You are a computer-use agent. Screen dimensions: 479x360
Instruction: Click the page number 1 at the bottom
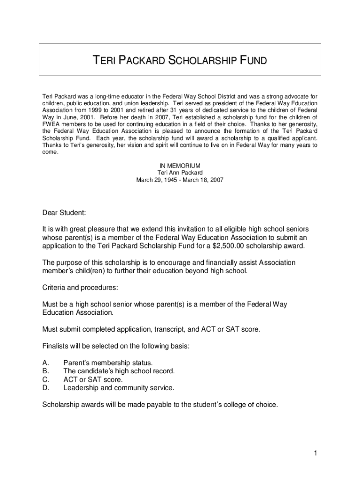316,453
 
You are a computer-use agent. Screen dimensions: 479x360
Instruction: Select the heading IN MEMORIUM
180,166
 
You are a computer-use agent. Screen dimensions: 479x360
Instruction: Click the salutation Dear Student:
64,213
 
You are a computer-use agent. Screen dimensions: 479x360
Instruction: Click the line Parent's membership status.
108,363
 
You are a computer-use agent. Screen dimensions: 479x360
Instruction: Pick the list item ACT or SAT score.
93,379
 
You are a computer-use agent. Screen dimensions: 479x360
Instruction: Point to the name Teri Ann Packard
180,173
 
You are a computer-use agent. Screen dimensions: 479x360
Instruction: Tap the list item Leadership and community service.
119,388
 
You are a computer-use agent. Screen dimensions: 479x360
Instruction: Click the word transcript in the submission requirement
168,329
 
